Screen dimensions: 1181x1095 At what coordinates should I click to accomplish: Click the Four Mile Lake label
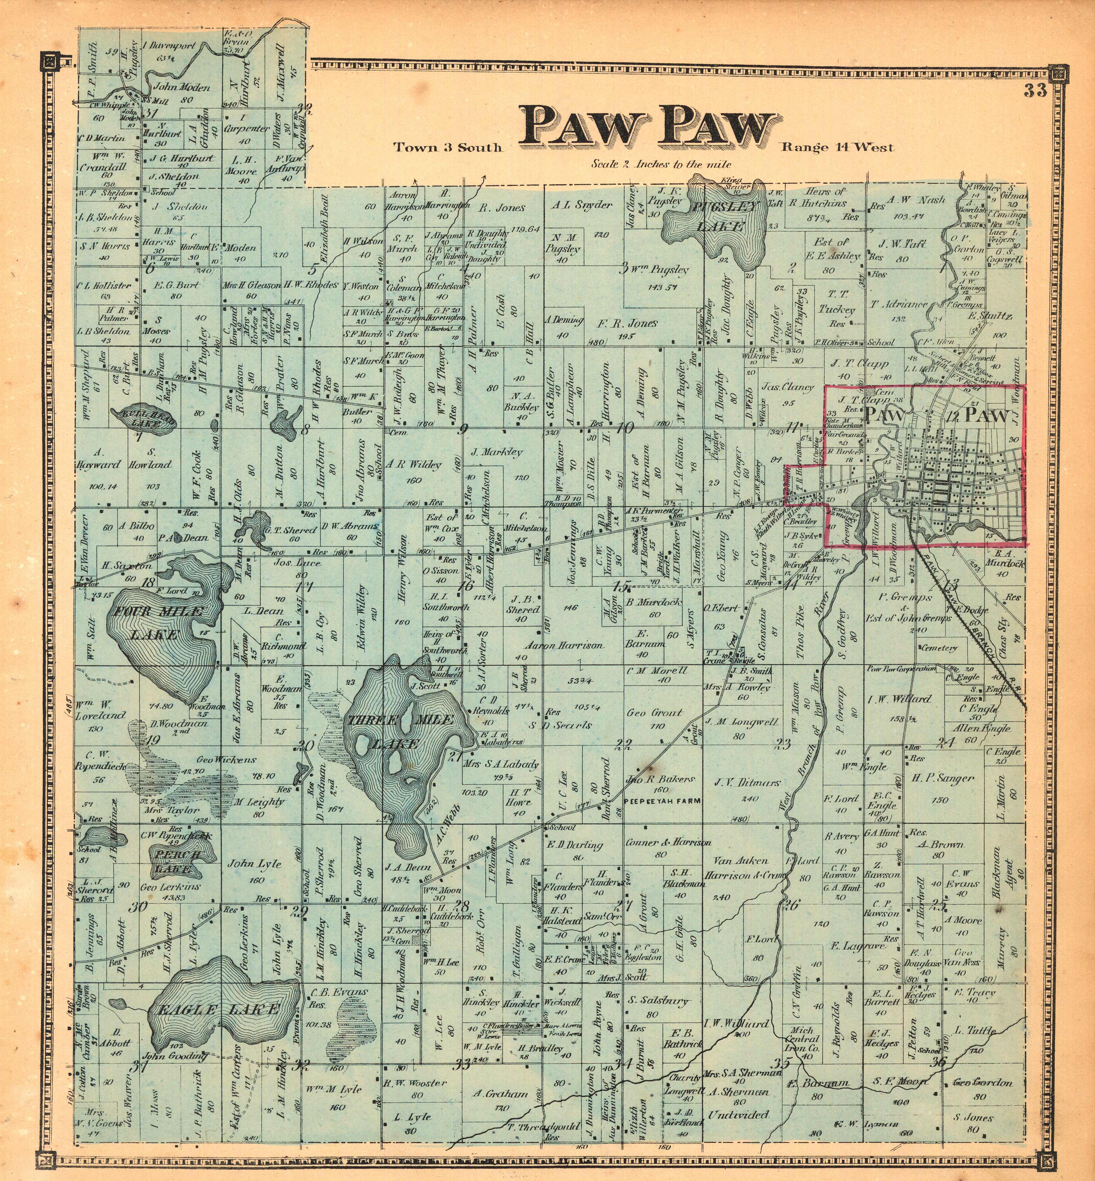point(160,622)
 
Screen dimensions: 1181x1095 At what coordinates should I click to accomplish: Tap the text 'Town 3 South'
point(448,147)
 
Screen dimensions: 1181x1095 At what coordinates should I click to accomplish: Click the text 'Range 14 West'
point(837,147)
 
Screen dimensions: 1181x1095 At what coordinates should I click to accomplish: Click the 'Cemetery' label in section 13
point(938,648)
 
